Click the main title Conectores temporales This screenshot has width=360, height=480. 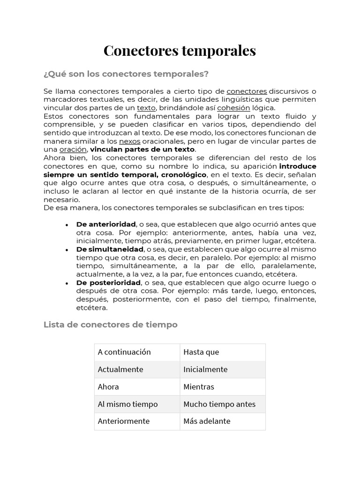coord(180,51)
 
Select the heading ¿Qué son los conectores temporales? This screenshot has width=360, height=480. coord(126,74)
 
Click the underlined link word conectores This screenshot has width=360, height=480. coord(247,91)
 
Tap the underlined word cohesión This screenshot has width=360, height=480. coord(233,108)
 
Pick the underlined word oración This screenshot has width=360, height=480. coord(73,150)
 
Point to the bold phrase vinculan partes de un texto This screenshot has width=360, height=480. coord(142,150)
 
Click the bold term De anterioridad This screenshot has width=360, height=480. coord(106,225)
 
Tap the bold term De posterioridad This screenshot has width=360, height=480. coord(108,283)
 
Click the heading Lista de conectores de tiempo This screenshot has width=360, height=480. coord(111,324)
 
